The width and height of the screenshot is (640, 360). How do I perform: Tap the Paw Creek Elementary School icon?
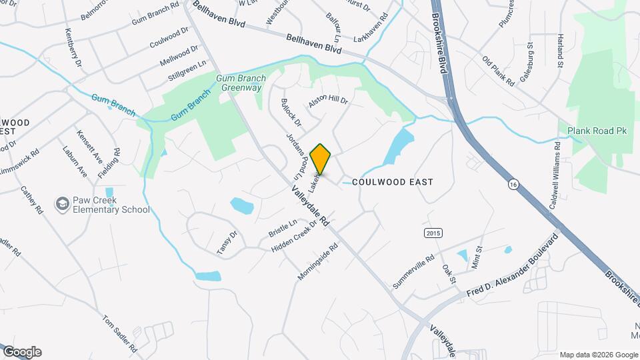(x=63, y=203)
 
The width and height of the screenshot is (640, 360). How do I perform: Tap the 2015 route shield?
(x=433, y=232)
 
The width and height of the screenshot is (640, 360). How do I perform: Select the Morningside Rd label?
(x=318, y=261)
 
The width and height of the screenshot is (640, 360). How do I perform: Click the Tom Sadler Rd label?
(x=119, y=333)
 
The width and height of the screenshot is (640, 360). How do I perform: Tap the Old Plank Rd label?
(x=498, y=71)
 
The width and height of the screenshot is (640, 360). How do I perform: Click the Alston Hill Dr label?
(x=328, y=102)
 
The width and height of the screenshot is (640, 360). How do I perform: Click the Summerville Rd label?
(x=413, y=270)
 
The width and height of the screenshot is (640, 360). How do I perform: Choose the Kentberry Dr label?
(x=73, y=47)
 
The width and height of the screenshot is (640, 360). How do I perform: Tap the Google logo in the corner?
(x=21, y=352)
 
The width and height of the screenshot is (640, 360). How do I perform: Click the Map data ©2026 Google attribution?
(x=599, y=355)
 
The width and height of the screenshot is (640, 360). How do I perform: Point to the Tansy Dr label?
(x=227, y=242)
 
